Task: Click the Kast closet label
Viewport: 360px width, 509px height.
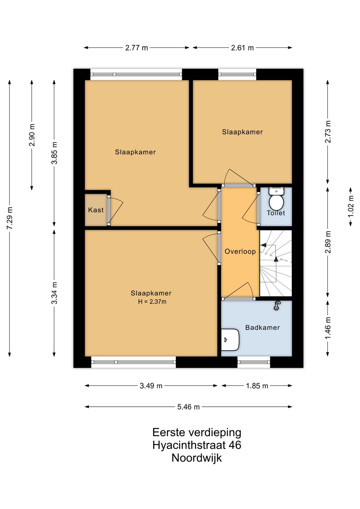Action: tap(96, 210)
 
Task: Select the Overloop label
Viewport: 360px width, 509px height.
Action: tap(240, 251)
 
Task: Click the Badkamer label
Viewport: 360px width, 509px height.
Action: tap(262, 327)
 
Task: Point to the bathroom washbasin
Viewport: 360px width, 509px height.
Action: tap(230, 340)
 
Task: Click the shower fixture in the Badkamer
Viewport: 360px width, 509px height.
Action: tap(277, 305)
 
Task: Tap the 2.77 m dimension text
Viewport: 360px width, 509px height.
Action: tap(137, 48)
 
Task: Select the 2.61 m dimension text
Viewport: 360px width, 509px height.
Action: tap(242, 48)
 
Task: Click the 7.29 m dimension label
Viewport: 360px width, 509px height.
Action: tap(10, 218)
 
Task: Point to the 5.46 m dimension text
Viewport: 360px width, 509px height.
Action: tap(188, 407)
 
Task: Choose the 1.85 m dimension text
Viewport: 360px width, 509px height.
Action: tap(257, 386)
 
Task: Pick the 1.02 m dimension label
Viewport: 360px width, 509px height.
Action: tap(351, 206)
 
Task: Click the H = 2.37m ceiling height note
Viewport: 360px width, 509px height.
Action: tap(152, 301)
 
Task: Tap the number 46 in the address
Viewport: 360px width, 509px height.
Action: tap(235, 445)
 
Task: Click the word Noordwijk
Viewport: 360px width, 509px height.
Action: tap(197, 458)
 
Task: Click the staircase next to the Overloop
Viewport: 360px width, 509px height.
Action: tap(276, 263)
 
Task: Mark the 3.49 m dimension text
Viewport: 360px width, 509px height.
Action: tap(151, 386)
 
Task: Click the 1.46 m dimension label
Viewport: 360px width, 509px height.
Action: tap(328, 328)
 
